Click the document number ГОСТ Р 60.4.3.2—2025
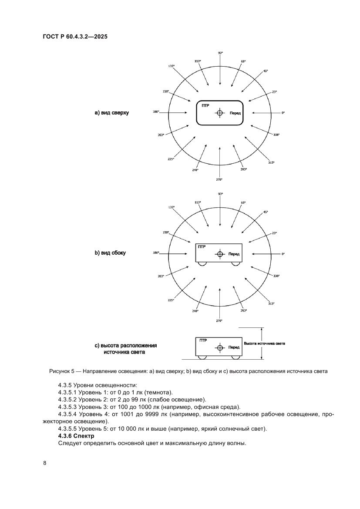point(75,37)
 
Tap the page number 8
point(45,463)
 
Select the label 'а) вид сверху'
point(112,113)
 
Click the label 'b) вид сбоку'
point(110,253)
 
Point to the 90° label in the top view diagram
point(220,53)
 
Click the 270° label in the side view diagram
point(219,320)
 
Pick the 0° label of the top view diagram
point(283,113)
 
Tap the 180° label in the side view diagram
point(156,253)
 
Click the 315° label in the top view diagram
point(271,162)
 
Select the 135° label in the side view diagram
point(172,207)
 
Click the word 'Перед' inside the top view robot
point(235,113)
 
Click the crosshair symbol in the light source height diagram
point(220,347)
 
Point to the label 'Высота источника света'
point(264,344)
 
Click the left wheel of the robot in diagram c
point(202,357)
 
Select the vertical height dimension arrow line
point(261,344)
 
